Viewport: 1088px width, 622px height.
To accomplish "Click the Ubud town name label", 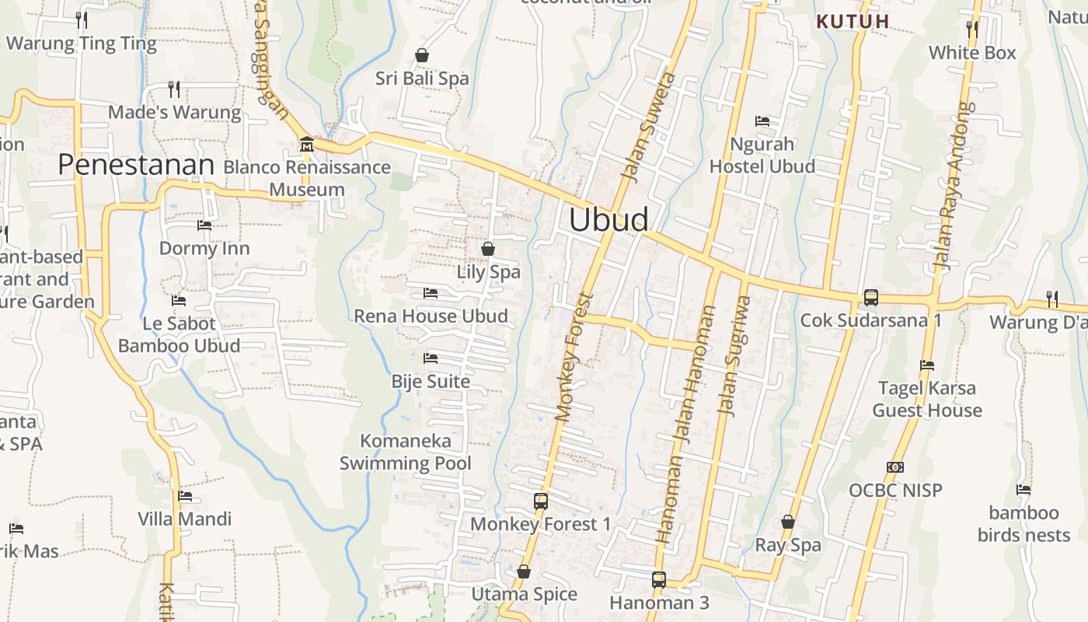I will click(609, 219).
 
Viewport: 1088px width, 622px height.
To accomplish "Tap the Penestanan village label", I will click(136, 165).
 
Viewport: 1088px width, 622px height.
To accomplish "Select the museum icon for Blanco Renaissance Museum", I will click(307, 144).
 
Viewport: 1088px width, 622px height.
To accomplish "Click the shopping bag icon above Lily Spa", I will click(488, 249).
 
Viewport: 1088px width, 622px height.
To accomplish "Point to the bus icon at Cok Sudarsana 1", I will click(871, 297).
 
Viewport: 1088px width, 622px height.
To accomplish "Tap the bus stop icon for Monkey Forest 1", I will click(541, 501).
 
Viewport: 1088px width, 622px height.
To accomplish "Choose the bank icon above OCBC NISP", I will click(895, 467).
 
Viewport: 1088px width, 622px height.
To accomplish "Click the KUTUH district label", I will click(853, 22).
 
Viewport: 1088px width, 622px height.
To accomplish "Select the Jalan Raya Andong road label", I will click(954, 187).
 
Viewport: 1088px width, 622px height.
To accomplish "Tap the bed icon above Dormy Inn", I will click(204, 225).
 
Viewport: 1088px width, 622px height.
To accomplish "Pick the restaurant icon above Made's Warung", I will click(174, 89).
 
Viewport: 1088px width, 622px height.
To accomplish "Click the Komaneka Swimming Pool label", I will click(406, 453).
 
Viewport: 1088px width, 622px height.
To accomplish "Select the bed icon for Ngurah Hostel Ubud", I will click(762, 121).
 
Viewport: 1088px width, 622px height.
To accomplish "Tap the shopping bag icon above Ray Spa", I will click(788, 522).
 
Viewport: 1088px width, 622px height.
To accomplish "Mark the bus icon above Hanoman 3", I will click(659, 579).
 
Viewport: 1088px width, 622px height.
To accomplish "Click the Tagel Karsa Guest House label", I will click(927, 399).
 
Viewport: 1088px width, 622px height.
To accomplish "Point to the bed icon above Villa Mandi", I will click(185, 496).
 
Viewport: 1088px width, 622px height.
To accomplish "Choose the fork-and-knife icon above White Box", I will click(972, 30).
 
